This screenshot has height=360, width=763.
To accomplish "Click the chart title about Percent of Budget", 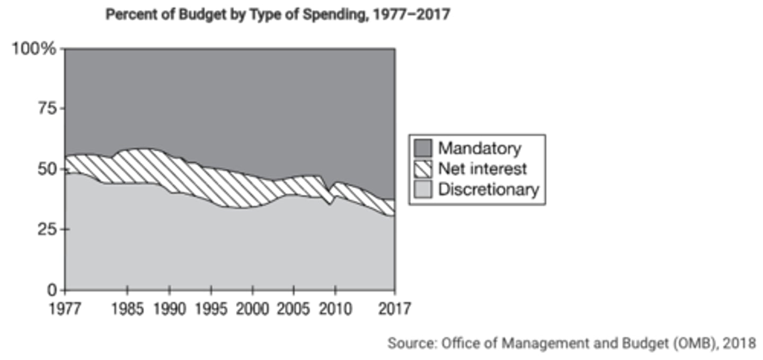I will coord(278,14).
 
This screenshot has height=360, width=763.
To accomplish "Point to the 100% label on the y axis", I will coord(34,49).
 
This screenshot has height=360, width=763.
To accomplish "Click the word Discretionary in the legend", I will coord(488,189).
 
